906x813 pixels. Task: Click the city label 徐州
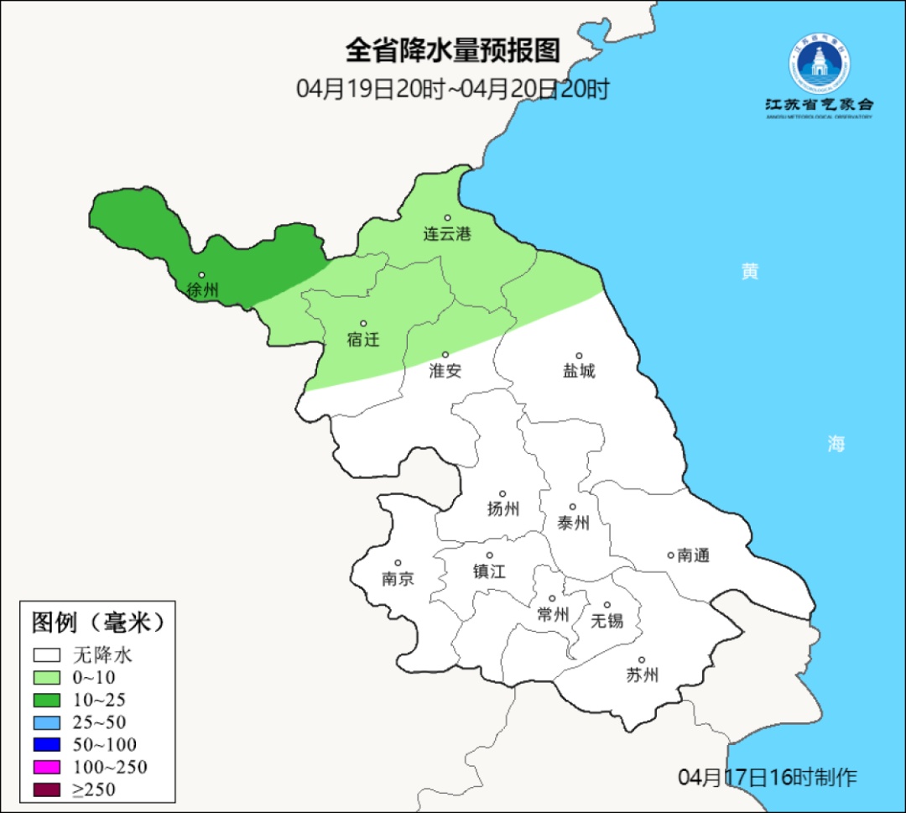coord(203,291)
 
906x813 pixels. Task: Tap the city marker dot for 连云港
coord(447,218)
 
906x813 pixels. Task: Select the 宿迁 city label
coord(363,340)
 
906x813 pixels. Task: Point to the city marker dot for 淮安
coord(445,355)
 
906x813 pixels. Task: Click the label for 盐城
coord(579,371)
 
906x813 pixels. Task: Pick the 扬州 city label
coord(503,508)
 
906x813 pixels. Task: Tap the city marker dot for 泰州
coord(573,507)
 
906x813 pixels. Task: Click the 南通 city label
coord(694,555)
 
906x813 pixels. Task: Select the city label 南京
coord(398,579)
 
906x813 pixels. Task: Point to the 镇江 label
coord(490,571)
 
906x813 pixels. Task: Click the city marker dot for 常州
coord(552,599)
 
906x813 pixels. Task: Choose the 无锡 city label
coord(607,621)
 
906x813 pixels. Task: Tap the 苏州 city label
coord(643,675)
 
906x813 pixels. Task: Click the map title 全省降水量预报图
coord(452,51)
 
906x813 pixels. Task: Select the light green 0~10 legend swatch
coord(47,677)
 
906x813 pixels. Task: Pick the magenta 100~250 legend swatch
coord(47,767)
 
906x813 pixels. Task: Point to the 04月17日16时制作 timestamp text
coord(768,777)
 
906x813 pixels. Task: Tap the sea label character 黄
coord(750,272)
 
